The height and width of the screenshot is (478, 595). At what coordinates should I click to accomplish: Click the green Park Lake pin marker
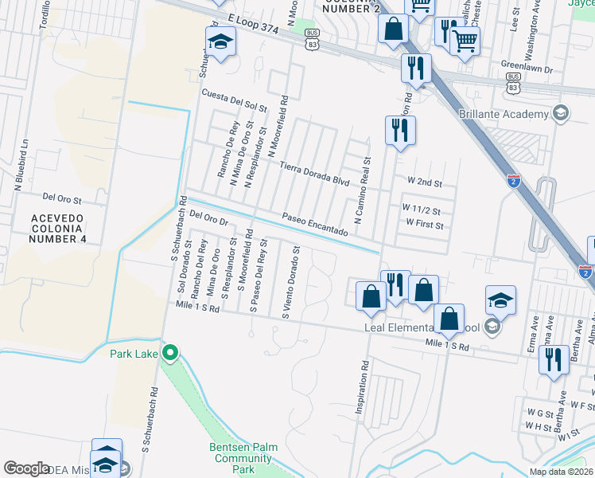(x=169, y=352)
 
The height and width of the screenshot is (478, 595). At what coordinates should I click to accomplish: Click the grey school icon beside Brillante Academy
(x=561, y=112)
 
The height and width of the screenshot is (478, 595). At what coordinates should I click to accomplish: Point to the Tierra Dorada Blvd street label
(x=315, y=174)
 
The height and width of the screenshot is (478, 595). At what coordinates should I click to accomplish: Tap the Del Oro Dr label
(x=209, y=217)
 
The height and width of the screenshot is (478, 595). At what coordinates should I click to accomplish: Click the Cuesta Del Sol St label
(x=234, y=100)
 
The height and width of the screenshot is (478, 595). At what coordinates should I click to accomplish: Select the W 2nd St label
(x=424, y=182)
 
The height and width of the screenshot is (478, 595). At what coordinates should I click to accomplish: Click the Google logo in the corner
(x=26, y=468)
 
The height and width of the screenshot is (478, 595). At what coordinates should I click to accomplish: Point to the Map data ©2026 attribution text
(x=561, y=472)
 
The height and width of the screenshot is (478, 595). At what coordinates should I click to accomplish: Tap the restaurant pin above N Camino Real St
(x=400, y=130)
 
